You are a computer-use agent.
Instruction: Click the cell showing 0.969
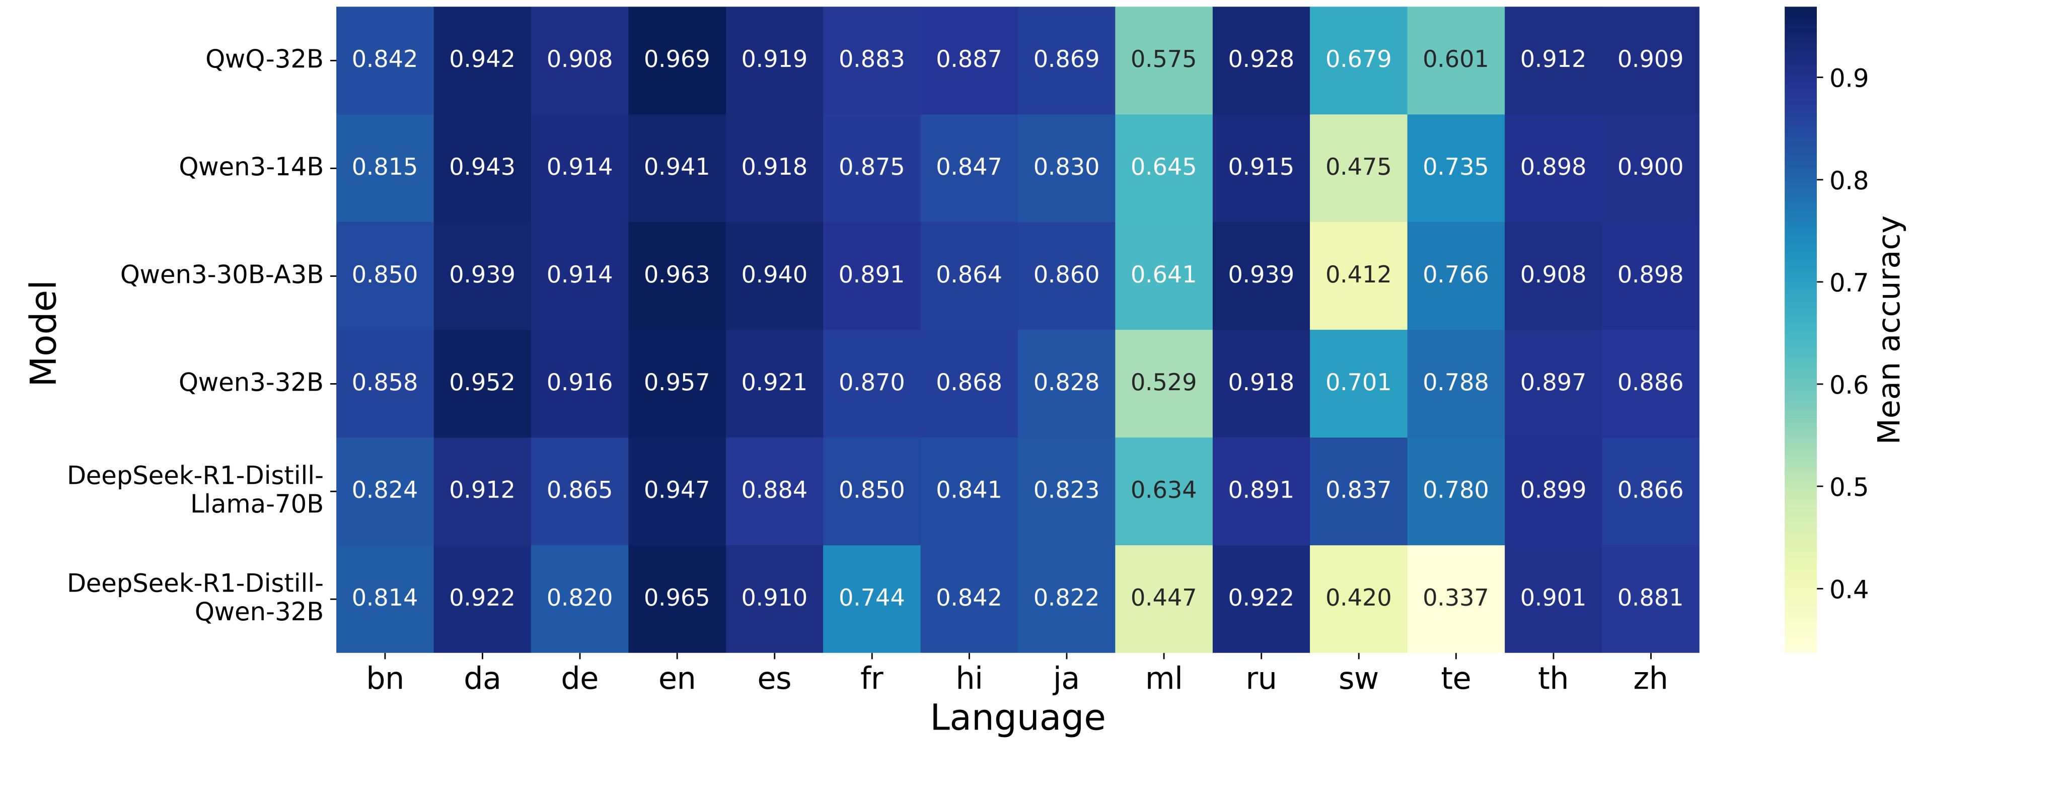tap(677, 59)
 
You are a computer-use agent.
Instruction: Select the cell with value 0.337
tap(1456, 598)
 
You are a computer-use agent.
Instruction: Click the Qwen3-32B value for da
tap(482, 383)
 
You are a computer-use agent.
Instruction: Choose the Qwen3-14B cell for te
tap(1456, 167)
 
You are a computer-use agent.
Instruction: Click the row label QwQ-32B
tap(264, 59)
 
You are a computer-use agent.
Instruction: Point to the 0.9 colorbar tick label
tap(1848, 79)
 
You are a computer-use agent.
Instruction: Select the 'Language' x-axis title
tap(1017, 718)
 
